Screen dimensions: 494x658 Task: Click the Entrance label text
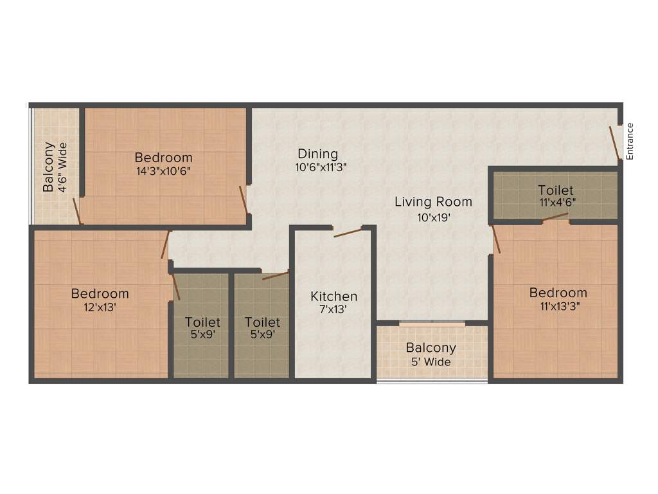pyautogui.click(x=630, y=141)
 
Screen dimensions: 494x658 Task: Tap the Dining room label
pyautogui.click(x=317, y=154)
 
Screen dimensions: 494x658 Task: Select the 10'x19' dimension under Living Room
pyautogui.click(x=434, y=217)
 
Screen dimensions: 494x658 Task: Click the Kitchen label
pyautogui.click(x=334, y=297)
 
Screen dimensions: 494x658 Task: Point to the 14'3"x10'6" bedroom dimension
pyautogui.click(x=163, y=171)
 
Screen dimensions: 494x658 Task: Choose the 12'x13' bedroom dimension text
pyautogui.click(x=100, y=307)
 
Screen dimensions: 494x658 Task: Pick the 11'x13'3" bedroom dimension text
pyautogui.click(x=558, y=307)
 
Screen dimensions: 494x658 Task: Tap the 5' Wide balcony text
pyautogui.click(x=431, y=362)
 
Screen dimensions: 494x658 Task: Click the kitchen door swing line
pyautogui.click(x=348, y=232)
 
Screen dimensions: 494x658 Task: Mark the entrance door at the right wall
pyautogui.click(x=615, y=142)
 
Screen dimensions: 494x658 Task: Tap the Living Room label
pyautogui.click(x=433, y=202)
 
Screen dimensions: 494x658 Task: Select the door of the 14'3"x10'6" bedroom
pyautogui.click(x=244, y=199)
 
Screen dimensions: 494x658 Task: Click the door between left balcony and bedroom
pyautogui.click(x=76, y=211)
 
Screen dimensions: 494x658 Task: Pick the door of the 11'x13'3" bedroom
pyautogui.click(x=496, y=239)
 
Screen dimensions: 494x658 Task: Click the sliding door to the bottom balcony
pyautogui.click(x=432, y=322)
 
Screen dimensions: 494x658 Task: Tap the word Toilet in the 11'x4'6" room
pyautogui.click(x=556, y=191)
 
